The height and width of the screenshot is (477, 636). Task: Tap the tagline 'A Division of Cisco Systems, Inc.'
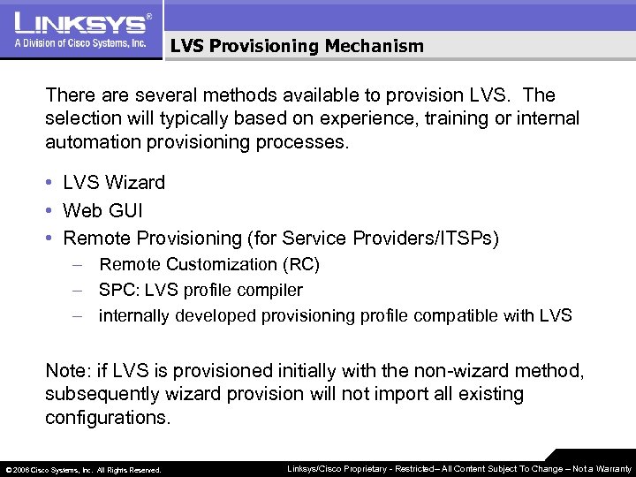(79, 43)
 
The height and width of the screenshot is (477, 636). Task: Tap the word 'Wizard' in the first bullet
(134, 183)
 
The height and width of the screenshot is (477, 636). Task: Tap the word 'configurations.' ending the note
(108, 417)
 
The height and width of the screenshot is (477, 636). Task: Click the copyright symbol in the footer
(8, 470)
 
